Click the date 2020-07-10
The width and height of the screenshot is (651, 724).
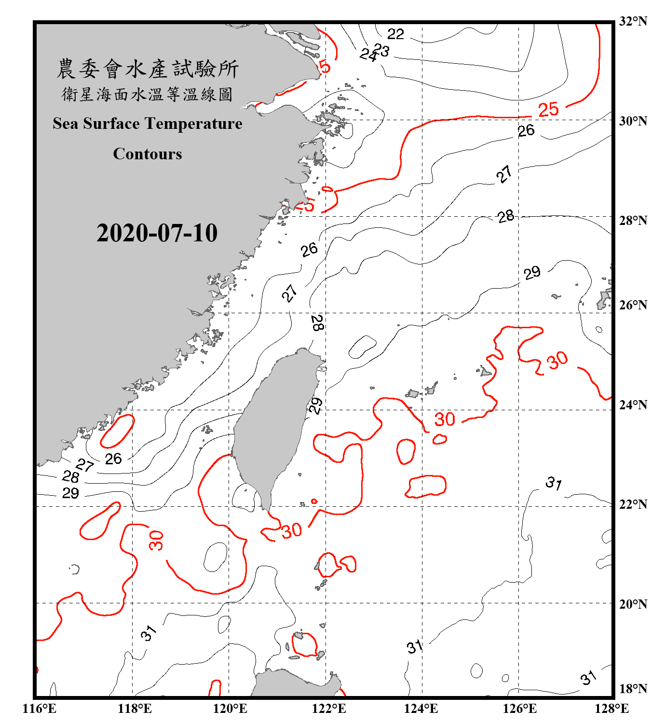(157, 233)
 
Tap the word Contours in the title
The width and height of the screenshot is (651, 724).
(148, 154)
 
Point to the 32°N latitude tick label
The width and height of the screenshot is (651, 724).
(633, 21)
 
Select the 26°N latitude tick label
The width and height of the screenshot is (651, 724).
(633, 305)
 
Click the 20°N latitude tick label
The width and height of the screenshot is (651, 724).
(633, 604)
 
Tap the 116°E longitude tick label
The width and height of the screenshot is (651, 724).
(39, 709)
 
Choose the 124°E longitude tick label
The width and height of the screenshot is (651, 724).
(421, 709)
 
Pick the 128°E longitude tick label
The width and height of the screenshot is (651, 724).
(611, 709)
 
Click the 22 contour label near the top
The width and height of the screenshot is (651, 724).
(395, 34)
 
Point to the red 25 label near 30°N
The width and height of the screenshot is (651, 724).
(548, 110)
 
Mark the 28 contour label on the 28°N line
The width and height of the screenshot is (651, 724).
(506, 216)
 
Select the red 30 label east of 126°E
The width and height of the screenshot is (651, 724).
(557, 360)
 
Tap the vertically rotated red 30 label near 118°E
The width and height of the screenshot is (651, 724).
(156, 541)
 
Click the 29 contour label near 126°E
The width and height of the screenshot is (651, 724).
(532, 273)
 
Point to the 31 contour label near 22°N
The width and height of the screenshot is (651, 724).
(554, 483)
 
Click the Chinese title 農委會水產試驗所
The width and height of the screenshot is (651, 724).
(148, 69)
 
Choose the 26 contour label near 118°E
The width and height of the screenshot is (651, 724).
(113, 459)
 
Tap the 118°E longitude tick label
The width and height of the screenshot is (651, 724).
(135, 709)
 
